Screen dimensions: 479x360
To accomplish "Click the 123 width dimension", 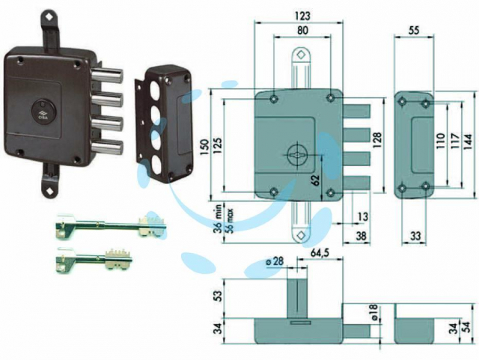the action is (x=302, y=16).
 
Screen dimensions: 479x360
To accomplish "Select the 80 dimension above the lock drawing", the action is (x=302, y=31).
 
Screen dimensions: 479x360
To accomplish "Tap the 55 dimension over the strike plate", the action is (x=414, y=31).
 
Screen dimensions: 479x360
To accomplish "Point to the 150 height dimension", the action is (x=204, y=147).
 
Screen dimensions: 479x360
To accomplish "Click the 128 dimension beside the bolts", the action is (x=377, y=141).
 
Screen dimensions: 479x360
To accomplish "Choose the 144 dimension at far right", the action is (x=468, y=141).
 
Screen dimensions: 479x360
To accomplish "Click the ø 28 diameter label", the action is (x=275, y=262).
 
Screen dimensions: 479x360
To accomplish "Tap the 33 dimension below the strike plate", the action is (x=415, y=236).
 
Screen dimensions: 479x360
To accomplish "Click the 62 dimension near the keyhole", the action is (x=316, y=180).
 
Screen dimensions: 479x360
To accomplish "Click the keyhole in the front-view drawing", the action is (x=296, y=155).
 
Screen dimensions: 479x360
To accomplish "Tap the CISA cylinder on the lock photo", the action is (x=43, y=112).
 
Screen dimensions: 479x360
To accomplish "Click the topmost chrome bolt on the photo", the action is (x=107, y=75).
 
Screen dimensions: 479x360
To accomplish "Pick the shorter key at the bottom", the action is (x=94, y=260).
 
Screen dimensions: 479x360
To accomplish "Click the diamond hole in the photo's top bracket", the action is (x=49, y=17).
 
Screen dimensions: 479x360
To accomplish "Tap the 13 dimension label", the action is (x=362, y=216).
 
